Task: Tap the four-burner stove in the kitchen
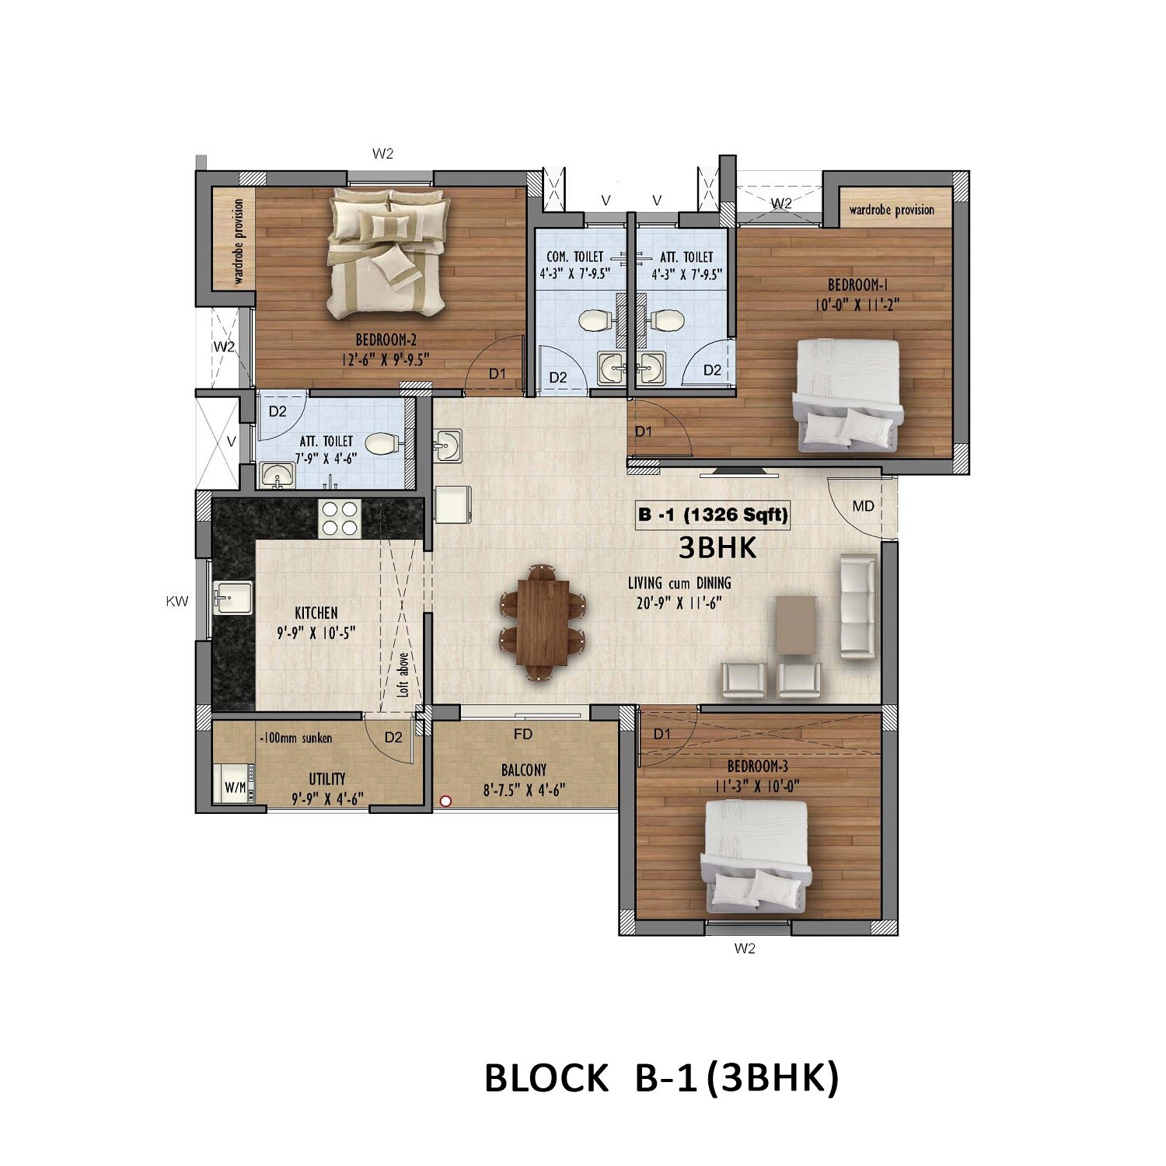(x=340, y=518)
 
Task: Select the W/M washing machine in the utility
(x=235, y=787)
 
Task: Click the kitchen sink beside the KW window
(x=233, y=597)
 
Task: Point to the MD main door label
(x=863, y=506)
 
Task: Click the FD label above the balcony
(x=523, y=734)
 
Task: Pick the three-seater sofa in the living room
(x=858, y=606)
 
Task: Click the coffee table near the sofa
(x=796, y=624)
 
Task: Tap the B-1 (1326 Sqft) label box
(x=713, y=515)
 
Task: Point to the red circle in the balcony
(x=446, y=799)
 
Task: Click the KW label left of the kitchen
(x=177, y=601)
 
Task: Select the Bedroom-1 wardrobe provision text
(x=892, y=210)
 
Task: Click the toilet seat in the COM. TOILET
(x=595, y=319)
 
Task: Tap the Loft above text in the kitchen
(x=403, y=673)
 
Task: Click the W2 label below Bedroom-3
(x=745, y=948)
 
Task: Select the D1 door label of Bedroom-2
(x=497, y=374)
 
